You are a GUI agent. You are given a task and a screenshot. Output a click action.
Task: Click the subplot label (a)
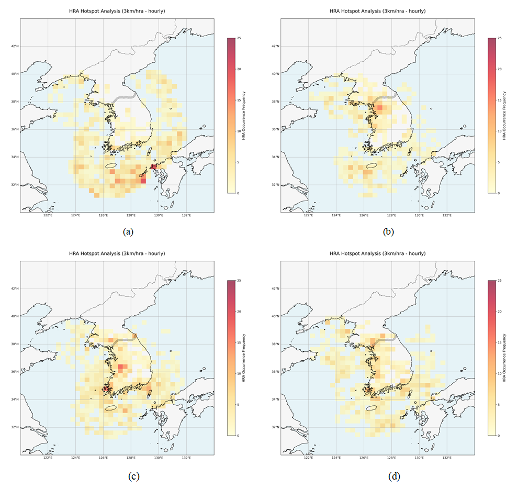(x=127, y=231)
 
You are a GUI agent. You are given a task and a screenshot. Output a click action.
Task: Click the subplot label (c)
(x=127, y=476)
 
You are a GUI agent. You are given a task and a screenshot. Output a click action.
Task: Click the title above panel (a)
(x=117, y=11)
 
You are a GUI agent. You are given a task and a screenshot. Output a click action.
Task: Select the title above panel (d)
(x=377, y=253)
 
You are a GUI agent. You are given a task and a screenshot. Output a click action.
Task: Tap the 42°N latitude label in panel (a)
(x=14, y=46)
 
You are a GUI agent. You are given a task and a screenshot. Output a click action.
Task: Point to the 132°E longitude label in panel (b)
(x=447, y=216)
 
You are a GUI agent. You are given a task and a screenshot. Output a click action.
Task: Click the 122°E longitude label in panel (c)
(x=48, y=458)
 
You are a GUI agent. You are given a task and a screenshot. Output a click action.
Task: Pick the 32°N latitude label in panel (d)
(x=275, y=427)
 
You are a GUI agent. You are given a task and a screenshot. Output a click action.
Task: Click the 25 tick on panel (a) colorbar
(x=239, y=38)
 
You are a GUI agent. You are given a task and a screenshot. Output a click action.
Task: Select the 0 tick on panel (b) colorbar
(x=499, y=193)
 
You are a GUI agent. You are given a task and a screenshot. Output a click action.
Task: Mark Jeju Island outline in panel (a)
(x=111, y=165)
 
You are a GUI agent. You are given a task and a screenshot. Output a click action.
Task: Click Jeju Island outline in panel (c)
(x=111, y=408)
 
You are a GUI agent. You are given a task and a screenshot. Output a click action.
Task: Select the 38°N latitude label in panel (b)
(x=275, y=102)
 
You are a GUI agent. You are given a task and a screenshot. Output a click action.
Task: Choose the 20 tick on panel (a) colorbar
(x=239, y=69)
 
